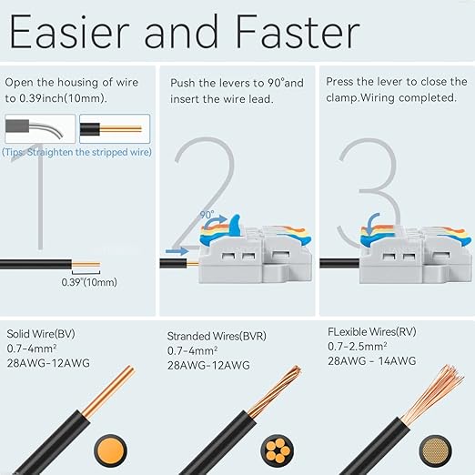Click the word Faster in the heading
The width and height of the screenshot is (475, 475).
click(x=298, y=31)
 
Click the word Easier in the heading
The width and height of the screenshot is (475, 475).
click(x=70, y=31)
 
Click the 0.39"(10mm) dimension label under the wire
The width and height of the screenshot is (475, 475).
click(x=89, y=282)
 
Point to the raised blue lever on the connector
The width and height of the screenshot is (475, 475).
click(x=235, y=225)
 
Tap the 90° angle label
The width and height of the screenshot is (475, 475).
click(x=207, y=215)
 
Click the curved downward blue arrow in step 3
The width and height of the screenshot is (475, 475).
click(x=372, y=223)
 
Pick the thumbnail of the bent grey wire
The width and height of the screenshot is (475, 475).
click(x=40, y=128)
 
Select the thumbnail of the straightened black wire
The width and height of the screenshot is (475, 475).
click(x=115, y=128)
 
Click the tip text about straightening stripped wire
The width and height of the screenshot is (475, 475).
click(x=76, y=152)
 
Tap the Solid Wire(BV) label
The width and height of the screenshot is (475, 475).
click(x=41, y=334)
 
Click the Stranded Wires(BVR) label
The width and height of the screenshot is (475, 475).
click(x=217, y=336)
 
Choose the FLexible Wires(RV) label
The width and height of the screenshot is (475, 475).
click(x=372, y=331)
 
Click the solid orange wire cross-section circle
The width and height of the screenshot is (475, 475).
click(x=110, y=450)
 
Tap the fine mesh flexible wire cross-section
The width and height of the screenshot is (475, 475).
click(x=436, y=450)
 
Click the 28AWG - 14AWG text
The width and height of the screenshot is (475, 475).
click(x=372, y=361)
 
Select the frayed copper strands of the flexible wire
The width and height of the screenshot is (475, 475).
click(x=434, y=394)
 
